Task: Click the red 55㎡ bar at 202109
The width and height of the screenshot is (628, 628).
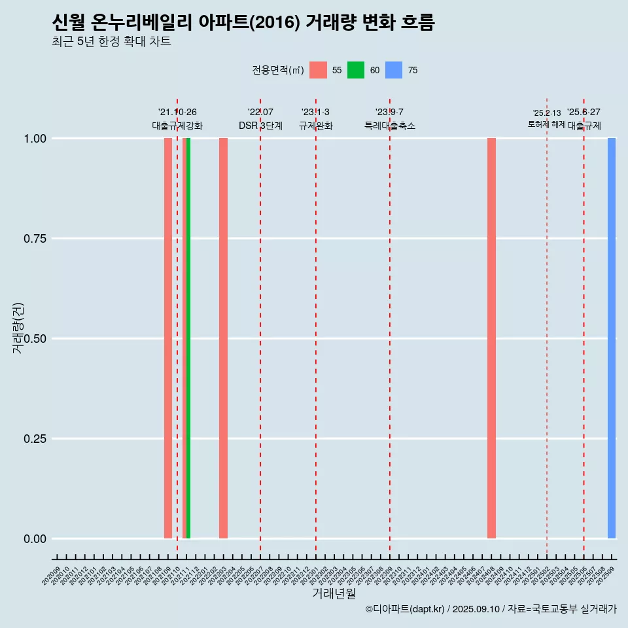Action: coord(168,338)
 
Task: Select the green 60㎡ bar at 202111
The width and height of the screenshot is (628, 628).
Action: coord(188,338)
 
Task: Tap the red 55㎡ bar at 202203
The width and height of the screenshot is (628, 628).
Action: coord(223,338)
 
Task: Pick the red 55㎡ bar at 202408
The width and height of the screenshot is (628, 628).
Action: coord(491,338)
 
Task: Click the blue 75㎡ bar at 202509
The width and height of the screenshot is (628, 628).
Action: coord(612,338)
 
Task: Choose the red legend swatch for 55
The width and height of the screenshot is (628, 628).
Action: coord(318,70)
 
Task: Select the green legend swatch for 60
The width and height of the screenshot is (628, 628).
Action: coord(356,70)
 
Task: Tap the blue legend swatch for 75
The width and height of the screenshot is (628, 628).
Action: coord(394,70)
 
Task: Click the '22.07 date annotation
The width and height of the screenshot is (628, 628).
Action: coord(260,112)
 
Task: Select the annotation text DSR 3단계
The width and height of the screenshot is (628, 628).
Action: coord(260,126)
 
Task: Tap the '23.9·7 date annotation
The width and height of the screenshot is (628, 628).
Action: coord(389,112)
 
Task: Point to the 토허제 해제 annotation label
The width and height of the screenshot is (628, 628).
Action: coord(546,124)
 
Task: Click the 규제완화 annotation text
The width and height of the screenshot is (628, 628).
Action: coord(316,126)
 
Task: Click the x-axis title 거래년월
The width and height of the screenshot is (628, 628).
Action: coord(334,593)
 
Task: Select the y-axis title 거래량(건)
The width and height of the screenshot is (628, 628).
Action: coord(18,327)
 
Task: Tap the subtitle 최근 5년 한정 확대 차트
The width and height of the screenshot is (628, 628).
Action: coord(111,42)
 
